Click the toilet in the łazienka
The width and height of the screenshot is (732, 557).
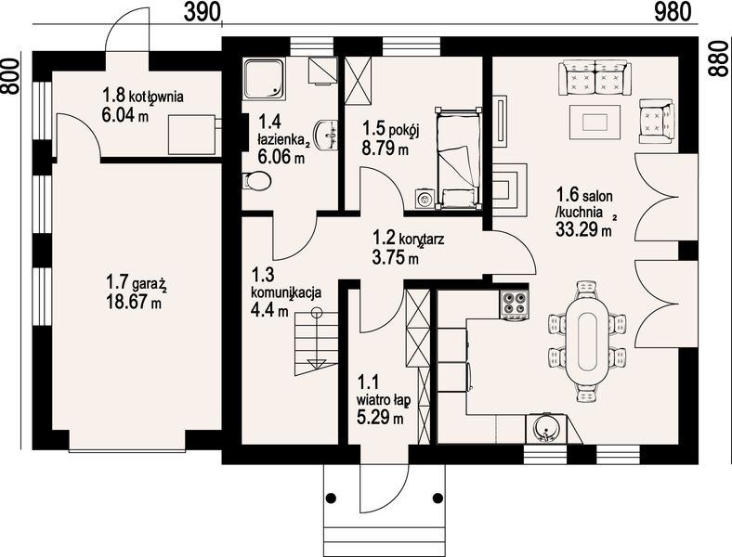pos(256,180)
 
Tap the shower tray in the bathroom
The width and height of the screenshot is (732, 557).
pos(264,78)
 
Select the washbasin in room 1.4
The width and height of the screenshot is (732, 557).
pos(327,136)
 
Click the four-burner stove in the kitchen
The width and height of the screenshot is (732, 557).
pos(515,305)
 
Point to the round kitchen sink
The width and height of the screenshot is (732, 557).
pos(545,428)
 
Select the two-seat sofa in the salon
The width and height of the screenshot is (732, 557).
pos(595,77)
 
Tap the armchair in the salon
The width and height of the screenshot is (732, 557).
pos(657,121)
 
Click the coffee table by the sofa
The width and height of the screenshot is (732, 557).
pos(595,122)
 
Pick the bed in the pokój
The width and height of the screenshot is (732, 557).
pos(458,158)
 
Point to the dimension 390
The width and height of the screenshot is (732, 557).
pos(202,12)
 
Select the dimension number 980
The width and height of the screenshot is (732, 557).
pos(673,12)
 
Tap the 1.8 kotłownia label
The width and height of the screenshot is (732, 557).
pos(143,97)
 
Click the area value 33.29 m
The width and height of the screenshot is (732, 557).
pos(583,229)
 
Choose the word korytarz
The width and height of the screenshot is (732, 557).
pos(421,240)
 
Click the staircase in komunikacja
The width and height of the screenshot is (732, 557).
pos(316,342)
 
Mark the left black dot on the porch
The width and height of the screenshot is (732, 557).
pos(331,499)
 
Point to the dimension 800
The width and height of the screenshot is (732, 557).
pos(10,76)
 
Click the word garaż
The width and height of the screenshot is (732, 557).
pos(150,284)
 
